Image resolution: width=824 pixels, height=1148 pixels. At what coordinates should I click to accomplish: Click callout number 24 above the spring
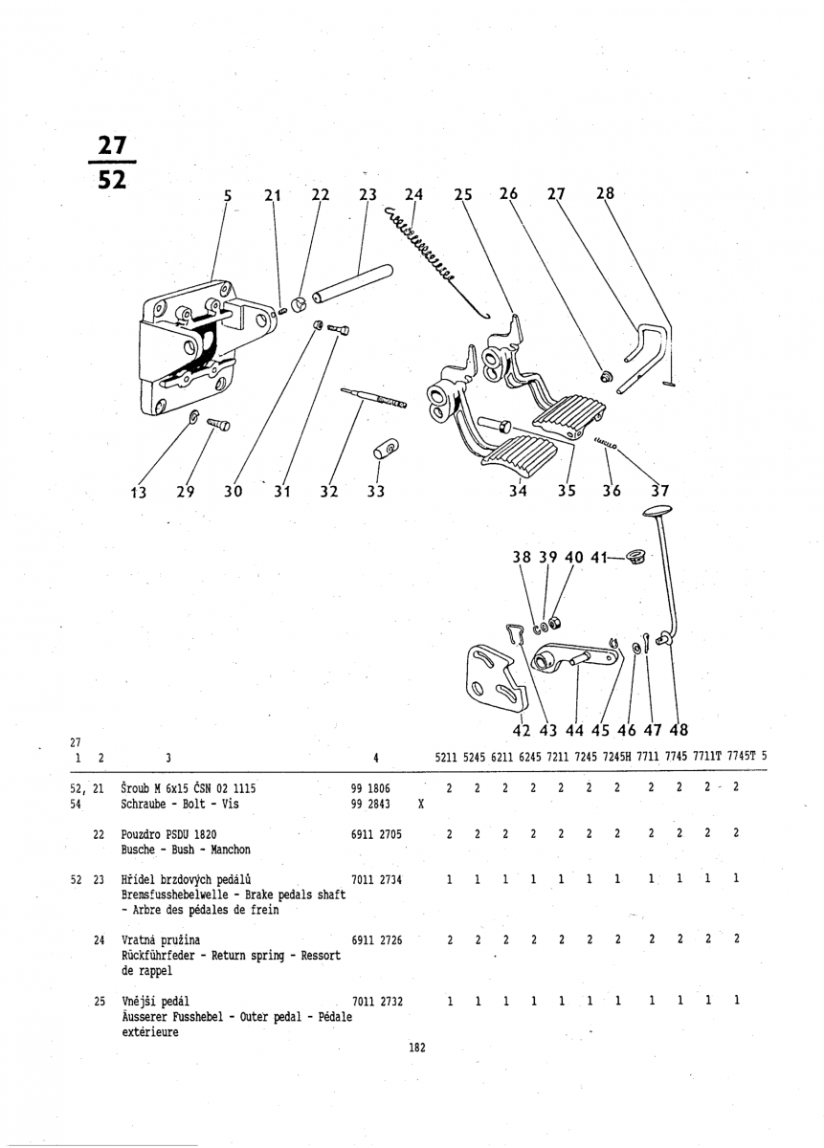click(413, 194)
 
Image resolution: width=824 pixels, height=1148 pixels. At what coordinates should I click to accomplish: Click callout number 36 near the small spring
click(612, 492)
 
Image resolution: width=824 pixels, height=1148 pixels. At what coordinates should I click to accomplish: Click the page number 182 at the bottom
click(416, 1048)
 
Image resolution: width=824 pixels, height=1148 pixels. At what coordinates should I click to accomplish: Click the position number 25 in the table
click(99, 1001)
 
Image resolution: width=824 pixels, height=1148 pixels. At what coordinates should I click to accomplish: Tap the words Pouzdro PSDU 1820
click(169, 833)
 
